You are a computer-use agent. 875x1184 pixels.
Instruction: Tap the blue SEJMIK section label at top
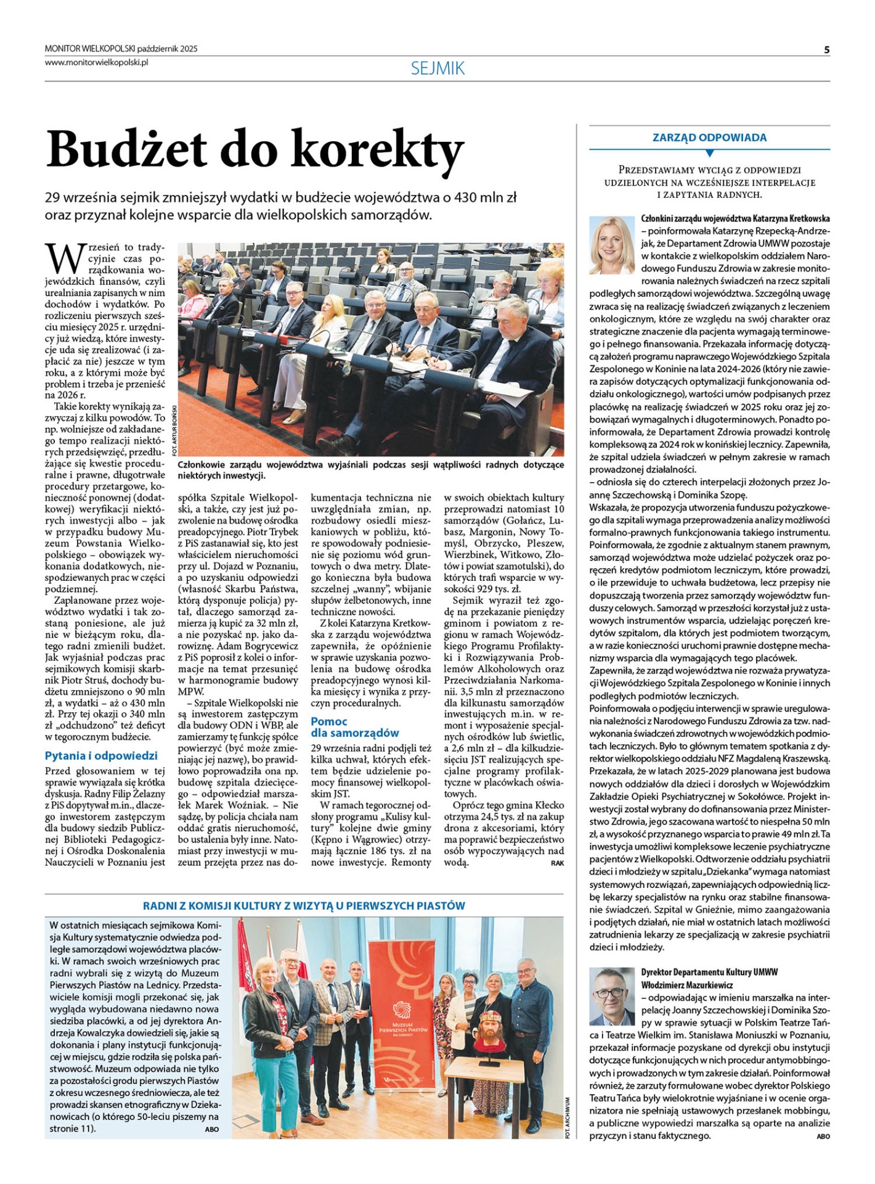437,68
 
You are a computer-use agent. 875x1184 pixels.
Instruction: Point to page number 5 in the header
826,50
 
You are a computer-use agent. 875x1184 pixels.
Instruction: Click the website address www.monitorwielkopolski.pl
97,62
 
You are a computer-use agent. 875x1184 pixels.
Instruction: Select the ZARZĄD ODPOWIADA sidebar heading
709,138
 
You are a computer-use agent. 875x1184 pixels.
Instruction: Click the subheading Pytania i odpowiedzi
101,755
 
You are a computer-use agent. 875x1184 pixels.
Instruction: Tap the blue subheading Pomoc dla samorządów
354,727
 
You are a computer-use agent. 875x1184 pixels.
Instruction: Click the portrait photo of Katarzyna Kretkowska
612,245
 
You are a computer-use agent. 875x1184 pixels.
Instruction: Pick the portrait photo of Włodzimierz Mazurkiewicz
612,996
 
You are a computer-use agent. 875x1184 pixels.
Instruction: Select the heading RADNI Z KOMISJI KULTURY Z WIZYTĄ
304,905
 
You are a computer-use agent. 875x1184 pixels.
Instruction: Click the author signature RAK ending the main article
557,863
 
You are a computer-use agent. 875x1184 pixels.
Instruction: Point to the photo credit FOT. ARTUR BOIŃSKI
175,430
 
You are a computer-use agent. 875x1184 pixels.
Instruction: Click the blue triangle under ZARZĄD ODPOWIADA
709,153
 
